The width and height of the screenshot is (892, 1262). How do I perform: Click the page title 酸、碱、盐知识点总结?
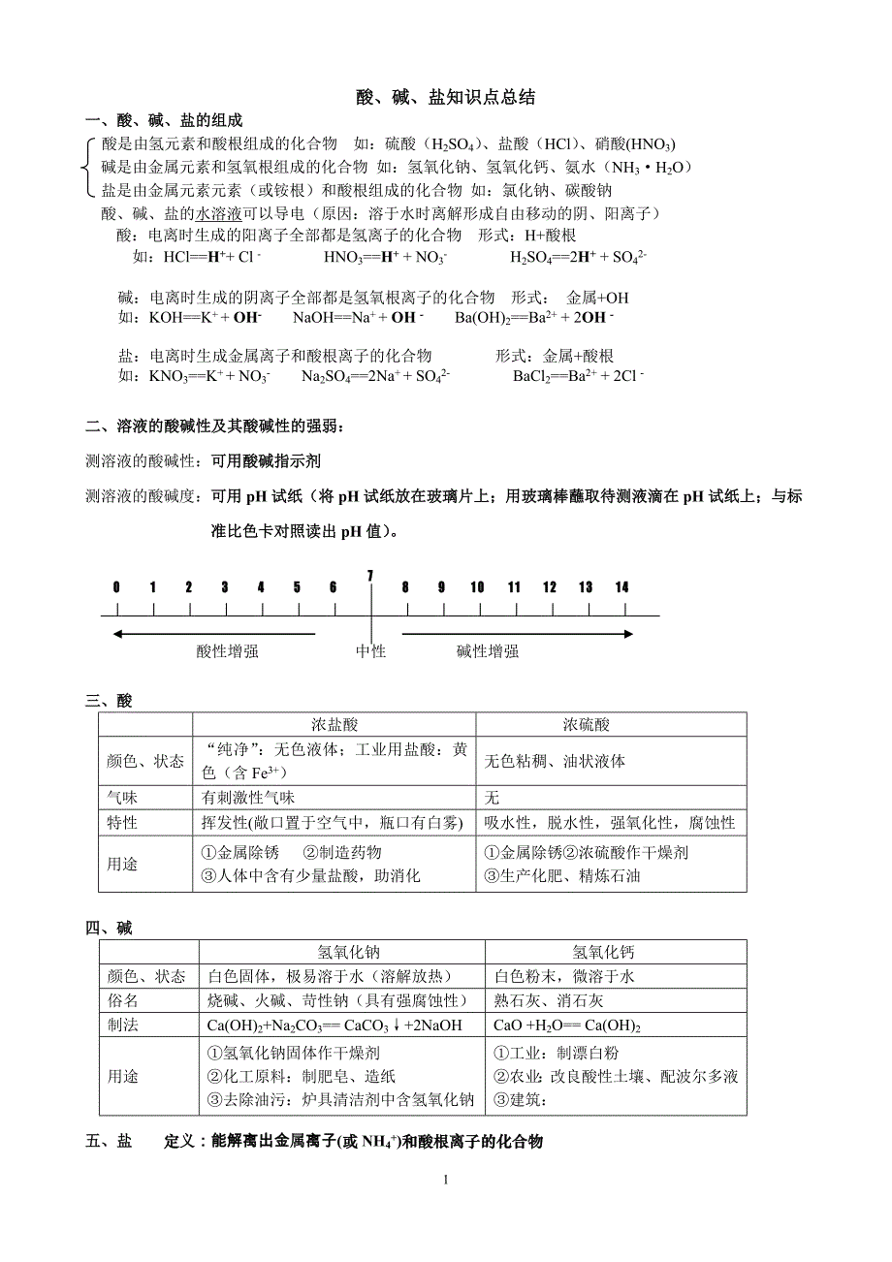[445, 98]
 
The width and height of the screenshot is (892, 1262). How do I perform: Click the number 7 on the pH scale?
[370, 576]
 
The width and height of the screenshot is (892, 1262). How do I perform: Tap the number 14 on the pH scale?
[622, 587]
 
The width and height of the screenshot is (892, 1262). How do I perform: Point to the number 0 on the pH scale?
[116, 587]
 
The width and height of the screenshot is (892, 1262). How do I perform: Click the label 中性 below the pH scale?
[370, 651]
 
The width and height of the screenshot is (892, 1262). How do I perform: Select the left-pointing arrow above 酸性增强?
[213, 634]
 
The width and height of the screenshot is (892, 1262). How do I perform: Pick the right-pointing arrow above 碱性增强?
[518, 634]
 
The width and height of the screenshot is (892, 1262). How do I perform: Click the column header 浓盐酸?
[334, 725]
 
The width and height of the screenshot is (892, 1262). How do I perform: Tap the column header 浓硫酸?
[587, 725]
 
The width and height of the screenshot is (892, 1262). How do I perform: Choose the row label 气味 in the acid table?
[122, 797]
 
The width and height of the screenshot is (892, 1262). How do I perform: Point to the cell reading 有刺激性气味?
[248, 797]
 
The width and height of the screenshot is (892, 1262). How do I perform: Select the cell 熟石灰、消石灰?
[549, 1000]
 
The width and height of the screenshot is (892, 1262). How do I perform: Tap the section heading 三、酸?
[109, 701]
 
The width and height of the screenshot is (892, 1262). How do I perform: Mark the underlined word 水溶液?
[219, 213]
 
